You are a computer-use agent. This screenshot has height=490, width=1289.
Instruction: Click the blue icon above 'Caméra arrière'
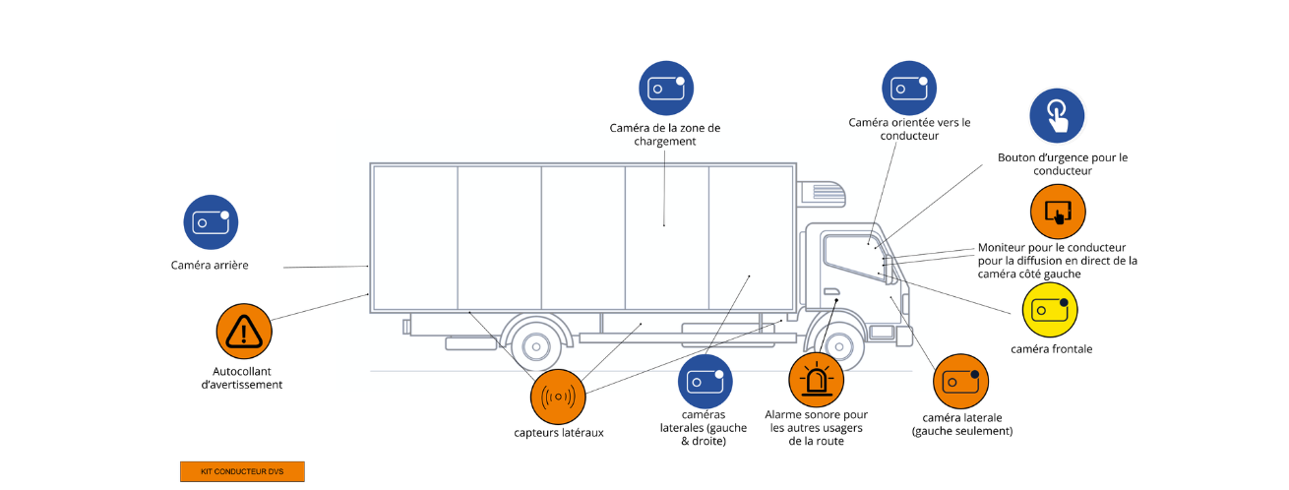click(211, 221)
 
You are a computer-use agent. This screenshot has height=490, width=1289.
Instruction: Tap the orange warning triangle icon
click(243, 331)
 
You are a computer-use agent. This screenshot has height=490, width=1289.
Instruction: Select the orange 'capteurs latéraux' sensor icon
click(558, 397)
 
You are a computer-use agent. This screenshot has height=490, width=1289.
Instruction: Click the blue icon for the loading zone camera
click(666, 89)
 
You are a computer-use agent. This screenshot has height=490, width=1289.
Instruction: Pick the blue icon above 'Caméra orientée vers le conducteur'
click(908, 89)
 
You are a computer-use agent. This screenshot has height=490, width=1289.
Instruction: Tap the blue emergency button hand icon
click(1056, 115)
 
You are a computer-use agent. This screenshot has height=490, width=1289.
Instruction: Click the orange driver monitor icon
click(1057, 211)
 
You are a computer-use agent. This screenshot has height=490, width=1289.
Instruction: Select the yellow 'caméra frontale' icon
click(1050, 310)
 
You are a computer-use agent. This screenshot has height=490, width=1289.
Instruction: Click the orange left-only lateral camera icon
click(960, 381)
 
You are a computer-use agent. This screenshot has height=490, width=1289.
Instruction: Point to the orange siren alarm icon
click(817, 380)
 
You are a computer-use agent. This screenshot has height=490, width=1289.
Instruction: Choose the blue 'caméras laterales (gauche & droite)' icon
click(706, 381)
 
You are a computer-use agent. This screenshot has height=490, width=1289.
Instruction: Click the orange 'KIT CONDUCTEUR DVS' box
click(242, 471)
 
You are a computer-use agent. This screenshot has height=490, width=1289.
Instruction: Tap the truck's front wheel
click(838, 347)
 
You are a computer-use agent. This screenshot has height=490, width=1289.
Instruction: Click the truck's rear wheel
click(535, 347)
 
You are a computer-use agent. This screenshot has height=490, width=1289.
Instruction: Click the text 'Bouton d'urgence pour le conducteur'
click(1062, 163)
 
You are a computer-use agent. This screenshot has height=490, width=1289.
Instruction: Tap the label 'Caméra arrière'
click(210, 265)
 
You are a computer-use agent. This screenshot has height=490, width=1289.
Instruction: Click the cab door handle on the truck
click(831, 291)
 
